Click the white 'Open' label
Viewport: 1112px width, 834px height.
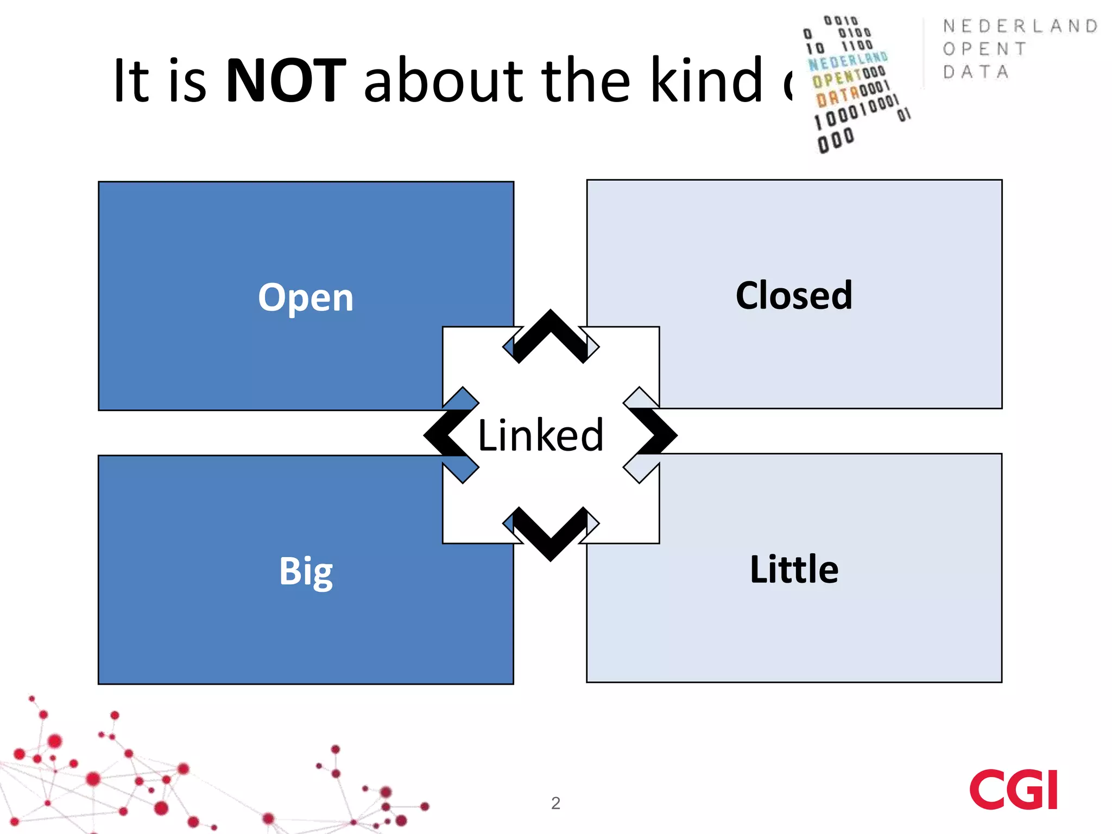(306, 298)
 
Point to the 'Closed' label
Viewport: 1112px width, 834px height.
(794, 295)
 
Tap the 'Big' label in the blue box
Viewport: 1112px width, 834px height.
(306, 571)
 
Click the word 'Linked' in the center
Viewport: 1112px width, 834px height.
(540, 435)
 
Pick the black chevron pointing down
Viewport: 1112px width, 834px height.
(551, 535)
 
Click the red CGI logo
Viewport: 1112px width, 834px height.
(1013, 789)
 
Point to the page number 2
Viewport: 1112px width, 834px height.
(555, 803)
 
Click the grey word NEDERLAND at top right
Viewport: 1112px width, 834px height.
(1020, 26)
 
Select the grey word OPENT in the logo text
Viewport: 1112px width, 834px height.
(984, 49)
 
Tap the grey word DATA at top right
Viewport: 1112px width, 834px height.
(976, 72)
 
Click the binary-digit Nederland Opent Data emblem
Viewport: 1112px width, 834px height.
(855, 84)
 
